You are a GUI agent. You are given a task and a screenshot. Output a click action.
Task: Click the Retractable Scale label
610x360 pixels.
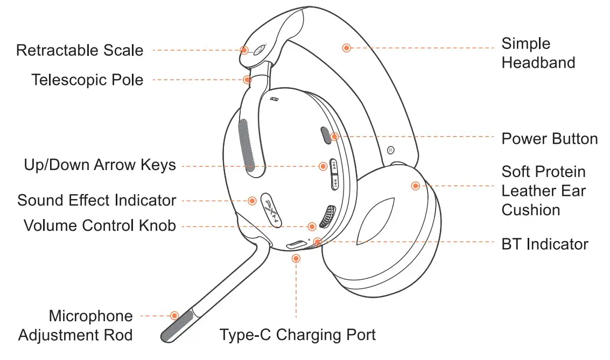(x=80, y=51)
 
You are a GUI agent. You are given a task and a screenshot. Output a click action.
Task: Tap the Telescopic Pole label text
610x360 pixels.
(x=87, y=80)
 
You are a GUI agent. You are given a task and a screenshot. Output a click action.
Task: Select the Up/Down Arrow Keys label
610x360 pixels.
(x=100, y=165)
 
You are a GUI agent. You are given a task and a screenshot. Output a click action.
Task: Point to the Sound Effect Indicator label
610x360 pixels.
(x=97, y=201)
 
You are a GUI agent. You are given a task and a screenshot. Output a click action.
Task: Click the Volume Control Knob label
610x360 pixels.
(x=100, y=225)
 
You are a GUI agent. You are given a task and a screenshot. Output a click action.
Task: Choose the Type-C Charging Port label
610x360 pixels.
(x=297, y=335)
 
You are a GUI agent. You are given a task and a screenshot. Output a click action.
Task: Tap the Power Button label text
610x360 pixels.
(x=549, y=139)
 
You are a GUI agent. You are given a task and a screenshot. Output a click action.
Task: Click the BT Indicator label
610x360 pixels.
(x=544, y=244)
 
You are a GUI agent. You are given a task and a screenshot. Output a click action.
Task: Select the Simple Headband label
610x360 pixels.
(x=538, y=53)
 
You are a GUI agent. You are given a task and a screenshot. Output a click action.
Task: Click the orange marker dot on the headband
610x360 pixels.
(x=347, y=48)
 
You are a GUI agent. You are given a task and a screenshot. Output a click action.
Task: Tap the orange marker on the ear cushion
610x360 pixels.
(x=415, y=186)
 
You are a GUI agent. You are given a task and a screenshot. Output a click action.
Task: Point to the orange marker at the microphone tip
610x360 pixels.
(x=174, y=315)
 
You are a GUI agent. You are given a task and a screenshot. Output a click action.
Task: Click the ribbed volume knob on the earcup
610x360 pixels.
(x=327, y=216)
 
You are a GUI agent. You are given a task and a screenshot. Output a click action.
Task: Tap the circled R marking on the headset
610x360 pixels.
(x=391, y=150)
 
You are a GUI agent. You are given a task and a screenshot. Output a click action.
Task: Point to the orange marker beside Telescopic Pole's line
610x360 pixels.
(x=247, y=80)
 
